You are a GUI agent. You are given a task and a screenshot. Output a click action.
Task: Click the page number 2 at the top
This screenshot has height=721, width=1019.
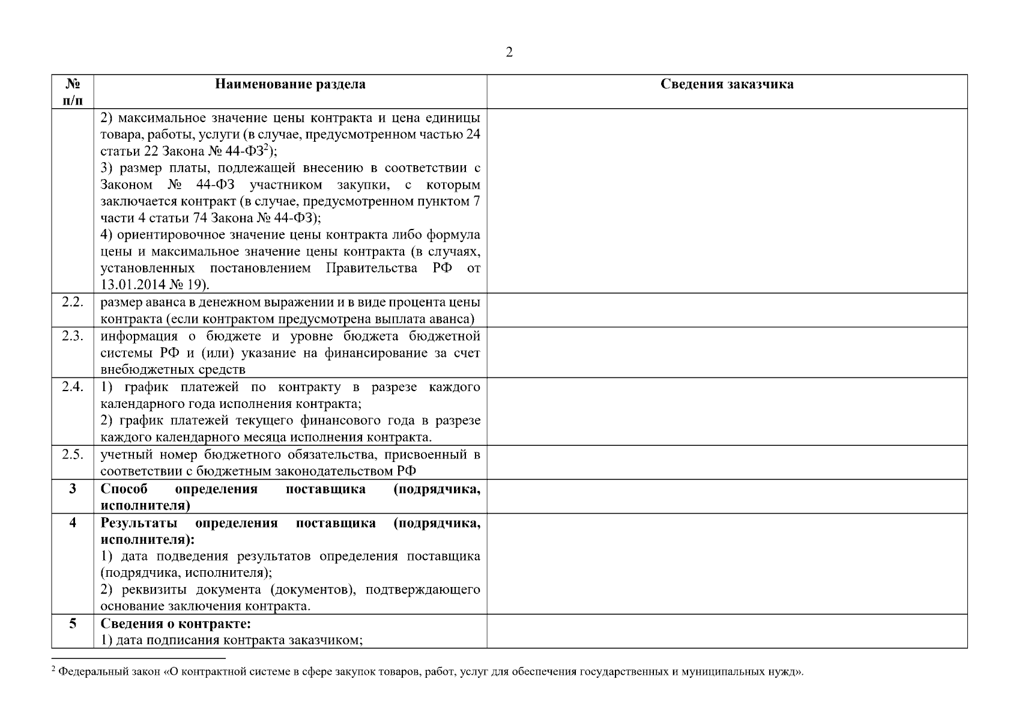coord(509,53)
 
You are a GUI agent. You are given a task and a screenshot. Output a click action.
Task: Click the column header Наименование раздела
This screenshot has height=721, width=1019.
coord(290,84)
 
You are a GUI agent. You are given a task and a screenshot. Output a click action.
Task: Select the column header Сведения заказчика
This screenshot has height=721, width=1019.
coord(727,84)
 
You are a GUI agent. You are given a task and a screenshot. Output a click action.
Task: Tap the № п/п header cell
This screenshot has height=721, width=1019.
coord(73,91)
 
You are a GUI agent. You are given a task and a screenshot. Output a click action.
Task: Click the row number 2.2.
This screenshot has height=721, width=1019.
coord(73,302)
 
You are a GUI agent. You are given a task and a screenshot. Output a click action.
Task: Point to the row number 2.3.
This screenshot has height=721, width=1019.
coord(73,336)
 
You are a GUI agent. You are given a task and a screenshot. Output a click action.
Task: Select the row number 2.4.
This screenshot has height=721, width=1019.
coord(73,386)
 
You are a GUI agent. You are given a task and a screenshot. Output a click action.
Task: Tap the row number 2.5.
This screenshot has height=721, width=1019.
coord(73,454)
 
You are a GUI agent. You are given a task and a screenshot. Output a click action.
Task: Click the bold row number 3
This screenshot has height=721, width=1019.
coord(73,488)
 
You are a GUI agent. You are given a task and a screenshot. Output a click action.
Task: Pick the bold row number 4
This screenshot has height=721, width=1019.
coord(73,522)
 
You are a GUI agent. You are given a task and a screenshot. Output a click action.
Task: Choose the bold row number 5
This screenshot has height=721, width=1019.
coord(73,623)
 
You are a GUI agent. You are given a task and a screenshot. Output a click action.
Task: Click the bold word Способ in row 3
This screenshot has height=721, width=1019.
coord(124,488)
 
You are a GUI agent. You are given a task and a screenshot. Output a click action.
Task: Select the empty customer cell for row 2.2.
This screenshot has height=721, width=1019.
coord(727,310)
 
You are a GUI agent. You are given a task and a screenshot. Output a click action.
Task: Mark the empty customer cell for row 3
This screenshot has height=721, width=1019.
coord(727,496)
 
